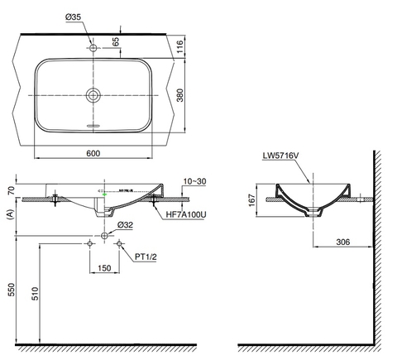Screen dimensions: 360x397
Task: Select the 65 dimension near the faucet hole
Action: tap(116, 40)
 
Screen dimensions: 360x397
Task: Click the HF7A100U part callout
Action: tap(185, 215)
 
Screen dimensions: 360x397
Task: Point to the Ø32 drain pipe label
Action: tap(126, 223)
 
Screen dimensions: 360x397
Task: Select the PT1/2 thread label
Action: tap(146, 257)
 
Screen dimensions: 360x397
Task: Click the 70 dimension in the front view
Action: tap(11, 190)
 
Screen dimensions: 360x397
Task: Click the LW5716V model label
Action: tap(280, 155)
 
